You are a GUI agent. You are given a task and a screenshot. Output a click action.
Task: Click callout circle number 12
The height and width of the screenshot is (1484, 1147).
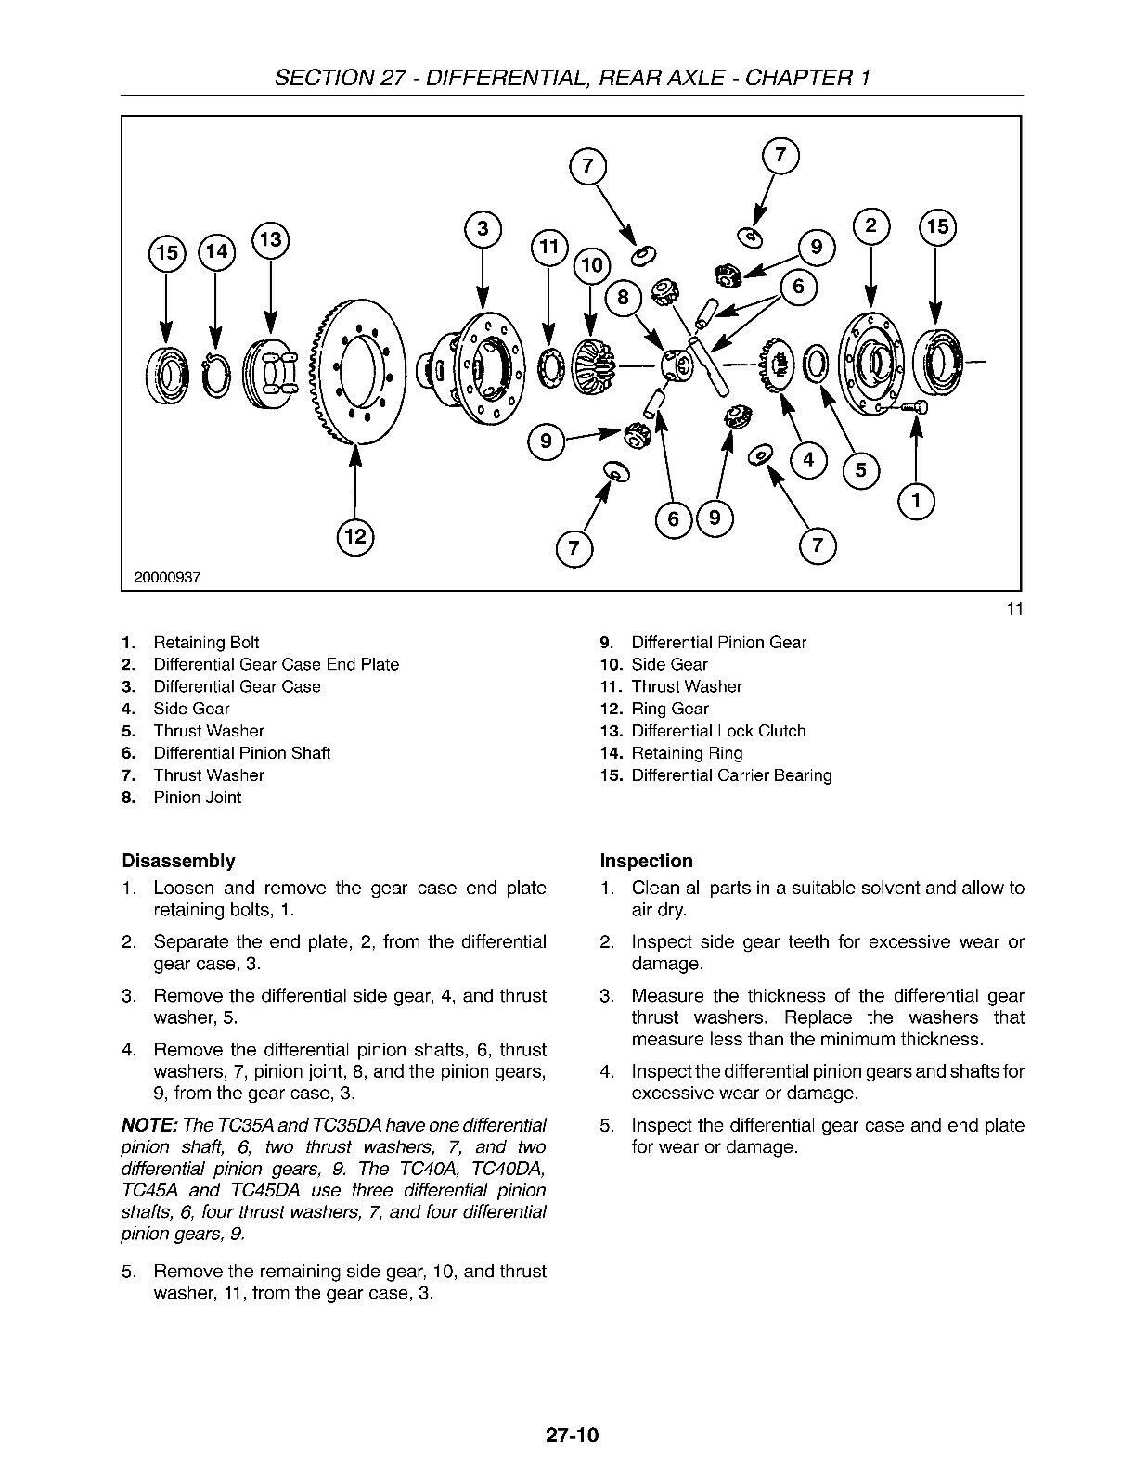tap(355, 536)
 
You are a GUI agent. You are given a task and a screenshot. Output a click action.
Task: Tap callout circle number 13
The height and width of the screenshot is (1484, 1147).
tap(270, 239)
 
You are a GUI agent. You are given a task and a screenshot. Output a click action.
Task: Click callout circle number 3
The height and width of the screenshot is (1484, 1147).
tap(483, 229)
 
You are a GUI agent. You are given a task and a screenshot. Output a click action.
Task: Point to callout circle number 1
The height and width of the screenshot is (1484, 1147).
tap(917, 502)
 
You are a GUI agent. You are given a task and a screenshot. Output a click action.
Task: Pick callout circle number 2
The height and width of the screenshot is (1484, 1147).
tap(870, 226)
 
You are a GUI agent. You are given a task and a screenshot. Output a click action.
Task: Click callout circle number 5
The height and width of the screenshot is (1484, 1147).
tap(861, 470)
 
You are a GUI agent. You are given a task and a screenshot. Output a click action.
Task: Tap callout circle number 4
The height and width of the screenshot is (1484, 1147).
tap(809, 459)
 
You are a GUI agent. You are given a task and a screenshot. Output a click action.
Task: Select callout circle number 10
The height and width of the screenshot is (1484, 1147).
tap(591, 265)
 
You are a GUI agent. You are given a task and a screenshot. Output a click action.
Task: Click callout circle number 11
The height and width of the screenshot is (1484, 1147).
tap(548, 247)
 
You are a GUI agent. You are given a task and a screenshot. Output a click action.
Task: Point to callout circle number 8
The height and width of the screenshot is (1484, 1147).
tap(623, 297)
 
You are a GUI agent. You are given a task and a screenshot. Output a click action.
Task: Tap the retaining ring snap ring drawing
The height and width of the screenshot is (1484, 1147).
tap(215, 376)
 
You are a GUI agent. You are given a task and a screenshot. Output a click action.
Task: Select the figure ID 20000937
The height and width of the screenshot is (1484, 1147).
tap(167, 577)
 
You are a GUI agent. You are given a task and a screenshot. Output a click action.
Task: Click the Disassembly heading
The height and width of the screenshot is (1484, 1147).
tap(178, 861)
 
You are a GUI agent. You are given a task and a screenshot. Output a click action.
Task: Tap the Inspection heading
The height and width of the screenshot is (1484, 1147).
tap(646, 861)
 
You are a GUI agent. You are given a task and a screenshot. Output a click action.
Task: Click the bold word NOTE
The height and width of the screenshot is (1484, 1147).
tap(148, 1125)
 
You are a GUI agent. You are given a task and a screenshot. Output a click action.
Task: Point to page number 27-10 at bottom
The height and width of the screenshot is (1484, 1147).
tap(573, 1436)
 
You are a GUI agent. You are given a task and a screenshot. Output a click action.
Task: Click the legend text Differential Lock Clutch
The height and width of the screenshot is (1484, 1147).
tap(718, 731)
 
